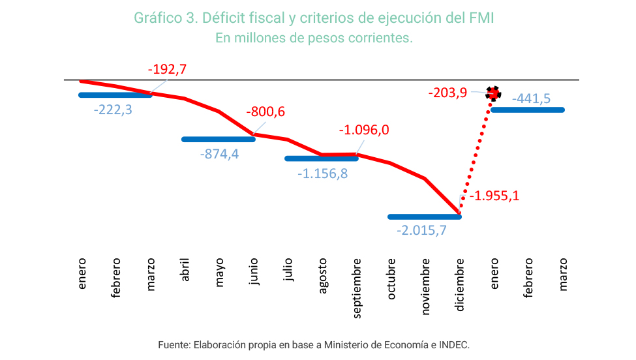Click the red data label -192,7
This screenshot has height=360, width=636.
click(x=167, y=69)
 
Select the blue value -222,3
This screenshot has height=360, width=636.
click(x=113, y=110)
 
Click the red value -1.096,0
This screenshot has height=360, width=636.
click(x=364, y=130)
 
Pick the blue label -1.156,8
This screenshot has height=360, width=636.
click(x=322, y=174)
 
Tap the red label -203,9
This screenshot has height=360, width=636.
click(x=447, y=93)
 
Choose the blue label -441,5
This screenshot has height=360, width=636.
click(x=531, y=98)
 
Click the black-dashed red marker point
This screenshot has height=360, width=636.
click(x=494, y=93)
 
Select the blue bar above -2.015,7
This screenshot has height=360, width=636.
click(x=424, y=217)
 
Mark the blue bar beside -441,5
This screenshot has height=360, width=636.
click(x=528, y=110)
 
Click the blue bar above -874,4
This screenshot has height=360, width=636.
click(x=218, y=139)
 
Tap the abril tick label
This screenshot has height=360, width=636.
click(x=185, y=269)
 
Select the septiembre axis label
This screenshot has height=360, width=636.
click(x=357, y=288)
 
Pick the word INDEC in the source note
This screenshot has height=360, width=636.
click(x=453, y=344)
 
